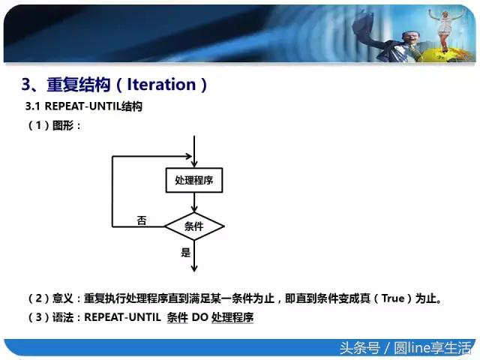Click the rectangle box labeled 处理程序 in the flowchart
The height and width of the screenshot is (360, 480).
point(194,181)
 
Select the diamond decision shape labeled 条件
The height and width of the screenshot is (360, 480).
point(194,226)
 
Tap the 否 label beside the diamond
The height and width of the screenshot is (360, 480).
point(142,220)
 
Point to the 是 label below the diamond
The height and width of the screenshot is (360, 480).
point(186,253)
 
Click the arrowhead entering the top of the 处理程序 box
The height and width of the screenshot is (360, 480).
point(194,164)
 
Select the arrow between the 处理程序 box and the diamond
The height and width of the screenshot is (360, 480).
point(194,202)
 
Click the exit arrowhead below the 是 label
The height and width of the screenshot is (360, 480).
point(194,267)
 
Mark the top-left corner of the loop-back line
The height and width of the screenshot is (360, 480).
point(112,157)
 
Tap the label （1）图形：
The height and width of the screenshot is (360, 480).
point(53,126)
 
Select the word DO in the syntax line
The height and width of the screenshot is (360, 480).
point(199,317)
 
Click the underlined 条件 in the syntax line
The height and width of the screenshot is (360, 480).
point(177,317)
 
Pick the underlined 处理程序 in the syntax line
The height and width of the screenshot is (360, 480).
point(232,317)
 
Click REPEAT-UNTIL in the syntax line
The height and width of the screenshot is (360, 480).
point(121,317)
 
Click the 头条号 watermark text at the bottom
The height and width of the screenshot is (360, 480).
point(359,347)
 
